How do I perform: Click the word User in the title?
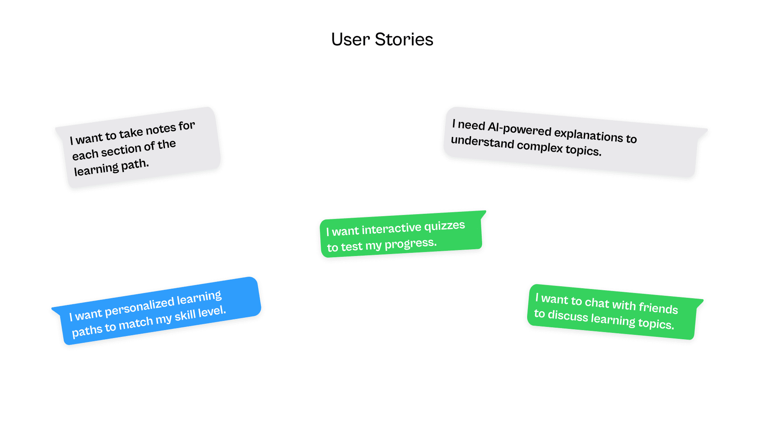coord(350,39)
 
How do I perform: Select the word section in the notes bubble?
coord(121,150)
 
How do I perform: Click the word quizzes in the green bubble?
coord(444,226)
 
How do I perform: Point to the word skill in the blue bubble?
coord(185,316)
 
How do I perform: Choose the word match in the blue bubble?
coord(135,323)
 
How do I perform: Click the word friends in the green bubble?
coord(658,308)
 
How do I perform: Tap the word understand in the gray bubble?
coord(482,141)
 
